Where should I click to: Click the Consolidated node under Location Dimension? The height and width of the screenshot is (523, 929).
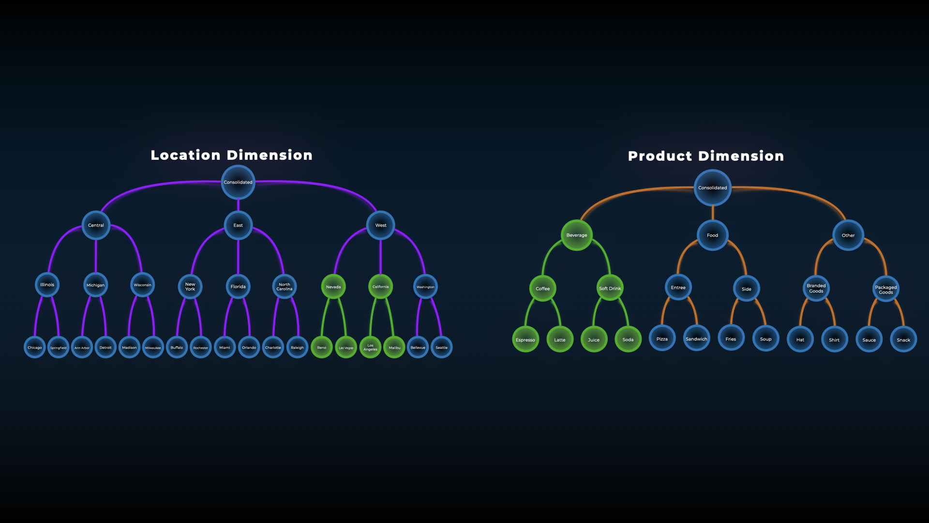238,182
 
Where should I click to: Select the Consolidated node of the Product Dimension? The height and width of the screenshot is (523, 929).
712,187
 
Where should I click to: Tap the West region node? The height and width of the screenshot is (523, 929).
381,225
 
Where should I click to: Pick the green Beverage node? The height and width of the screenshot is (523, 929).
577,235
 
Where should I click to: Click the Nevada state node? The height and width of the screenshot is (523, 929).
333,287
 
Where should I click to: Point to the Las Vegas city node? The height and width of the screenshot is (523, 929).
346,348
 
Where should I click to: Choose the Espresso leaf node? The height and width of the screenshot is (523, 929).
525,339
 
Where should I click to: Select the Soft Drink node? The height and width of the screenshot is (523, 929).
610,288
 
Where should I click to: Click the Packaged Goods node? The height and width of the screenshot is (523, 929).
885,289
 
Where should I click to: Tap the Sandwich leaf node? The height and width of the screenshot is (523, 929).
696,338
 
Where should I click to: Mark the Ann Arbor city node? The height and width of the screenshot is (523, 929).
82,348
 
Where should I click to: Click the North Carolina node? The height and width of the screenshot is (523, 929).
285,287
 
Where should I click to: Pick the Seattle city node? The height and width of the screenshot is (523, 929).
441,347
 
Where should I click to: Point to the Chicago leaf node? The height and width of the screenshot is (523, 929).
35,347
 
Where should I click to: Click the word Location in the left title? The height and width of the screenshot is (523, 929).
186,155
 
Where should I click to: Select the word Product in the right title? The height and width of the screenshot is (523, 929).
660,156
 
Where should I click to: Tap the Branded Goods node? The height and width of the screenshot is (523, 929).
816,288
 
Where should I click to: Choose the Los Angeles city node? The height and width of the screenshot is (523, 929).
370,347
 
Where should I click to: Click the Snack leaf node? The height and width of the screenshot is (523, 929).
903,339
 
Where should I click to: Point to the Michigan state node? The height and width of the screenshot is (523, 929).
95,285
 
